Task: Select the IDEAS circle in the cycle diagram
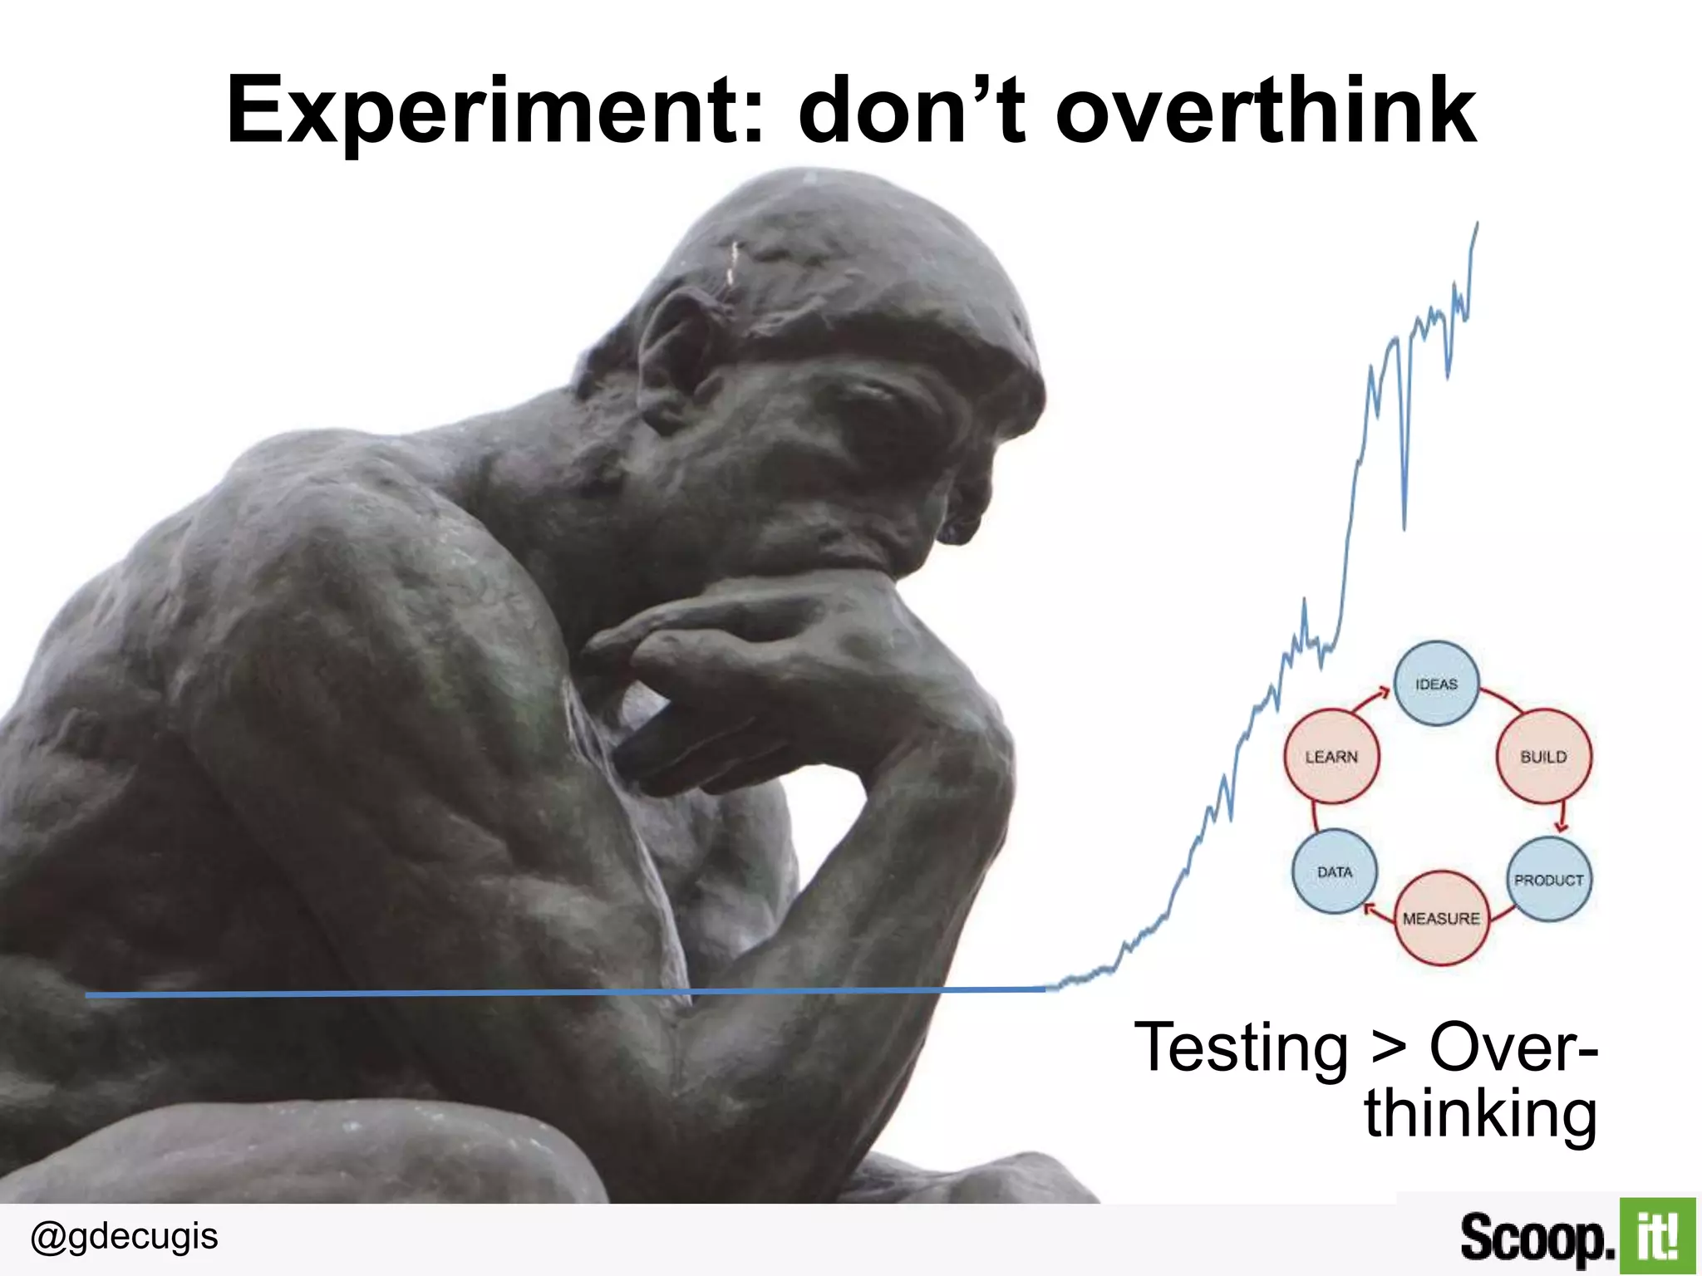(x=1436, y=684)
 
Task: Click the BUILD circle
(x=1543, y=757)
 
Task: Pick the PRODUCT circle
(x=1548, y=880)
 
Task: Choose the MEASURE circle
(x=1441, y=918)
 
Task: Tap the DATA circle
(x=1334, y=871)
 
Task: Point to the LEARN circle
(x=1331, y=757)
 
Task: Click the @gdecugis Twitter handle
(x=124, y=1236)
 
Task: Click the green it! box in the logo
(x=1656, y=1236)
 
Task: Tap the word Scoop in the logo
(x=1537, y=1238)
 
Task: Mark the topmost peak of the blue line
(x=1477, y=223)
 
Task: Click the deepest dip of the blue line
(x=1404, y=528)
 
